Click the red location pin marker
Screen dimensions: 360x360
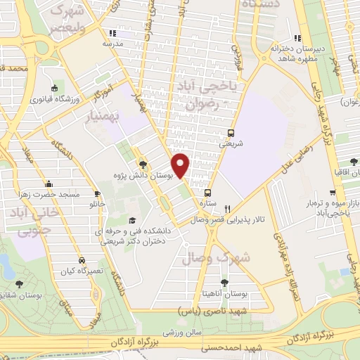181,165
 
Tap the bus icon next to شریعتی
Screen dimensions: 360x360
232,132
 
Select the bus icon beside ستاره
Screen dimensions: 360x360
207,192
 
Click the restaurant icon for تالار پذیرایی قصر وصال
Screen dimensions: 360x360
227,209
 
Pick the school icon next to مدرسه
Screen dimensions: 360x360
111,33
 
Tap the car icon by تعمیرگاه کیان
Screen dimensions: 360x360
83,259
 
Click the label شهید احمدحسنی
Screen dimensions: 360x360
224,347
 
